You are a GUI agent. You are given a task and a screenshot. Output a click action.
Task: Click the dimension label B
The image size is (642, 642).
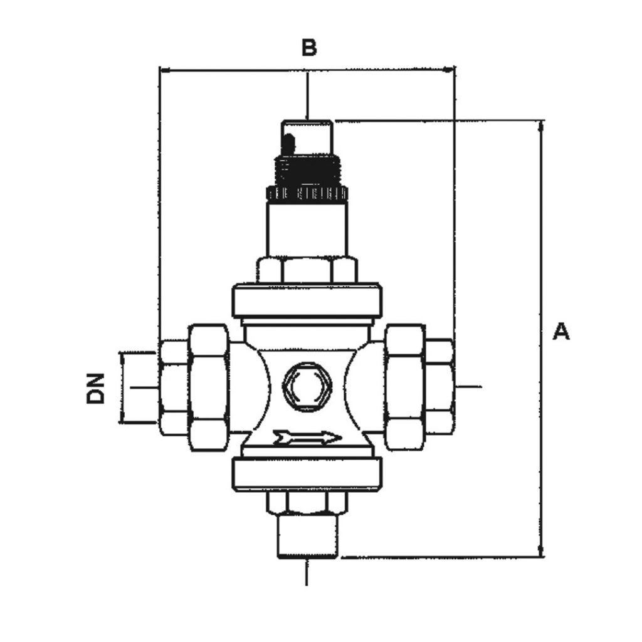[x=308, y=47]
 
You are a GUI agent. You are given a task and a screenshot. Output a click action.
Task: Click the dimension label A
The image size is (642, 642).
[x=561, y=331]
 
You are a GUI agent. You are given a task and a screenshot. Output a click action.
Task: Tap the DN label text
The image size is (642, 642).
[x=95, y=389]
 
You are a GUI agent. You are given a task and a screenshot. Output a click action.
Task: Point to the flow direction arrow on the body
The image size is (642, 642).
[x=307, y=437]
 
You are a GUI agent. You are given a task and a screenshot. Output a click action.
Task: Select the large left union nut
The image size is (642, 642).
[x=208, y=387]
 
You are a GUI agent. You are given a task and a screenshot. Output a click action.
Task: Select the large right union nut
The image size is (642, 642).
[x=404, y=387]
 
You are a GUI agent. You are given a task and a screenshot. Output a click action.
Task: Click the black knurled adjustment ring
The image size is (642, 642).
[x=307, y=193]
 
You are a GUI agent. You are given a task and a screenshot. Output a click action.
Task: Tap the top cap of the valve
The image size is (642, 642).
[x=307, y=135]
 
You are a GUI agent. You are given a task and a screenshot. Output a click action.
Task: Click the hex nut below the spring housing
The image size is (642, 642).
[x=307, y=270]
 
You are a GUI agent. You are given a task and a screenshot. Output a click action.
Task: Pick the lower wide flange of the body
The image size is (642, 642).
[x=307, y=474]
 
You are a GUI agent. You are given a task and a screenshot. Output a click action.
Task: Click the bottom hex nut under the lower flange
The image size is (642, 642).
[x=307, y=502]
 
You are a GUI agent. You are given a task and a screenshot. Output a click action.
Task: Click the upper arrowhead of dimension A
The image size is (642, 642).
[x=541, y=125]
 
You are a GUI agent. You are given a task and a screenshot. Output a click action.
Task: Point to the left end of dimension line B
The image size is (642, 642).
[x=162, y=70]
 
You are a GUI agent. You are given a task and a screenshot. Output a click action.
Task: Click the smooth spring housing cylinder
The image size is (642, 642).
[x=307, y=228]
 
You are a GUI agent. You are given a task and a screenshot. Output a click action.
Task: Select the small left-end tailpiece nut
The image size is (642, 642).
[x=174, y=387]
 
